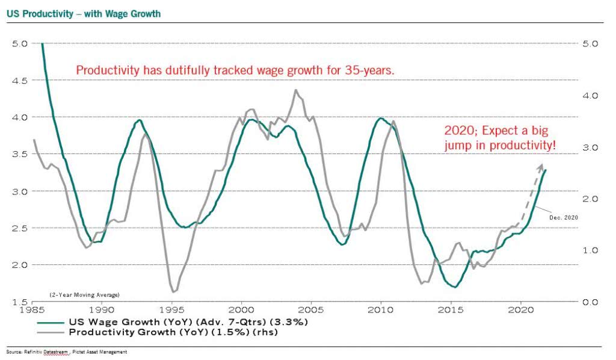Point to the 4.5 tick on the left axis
pos(20,79)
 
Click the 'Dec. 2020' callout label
pos(564,217)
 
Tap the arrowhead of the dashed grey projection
pos(540,166)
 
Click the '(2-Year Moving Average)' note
pos(84,294)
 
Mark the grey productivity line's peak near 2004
pos(295,90)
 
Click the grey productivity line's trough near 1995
pos(173,292)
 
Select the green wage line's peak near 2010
pos(380,119)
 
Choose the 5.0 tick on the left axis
pos(20,43)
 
